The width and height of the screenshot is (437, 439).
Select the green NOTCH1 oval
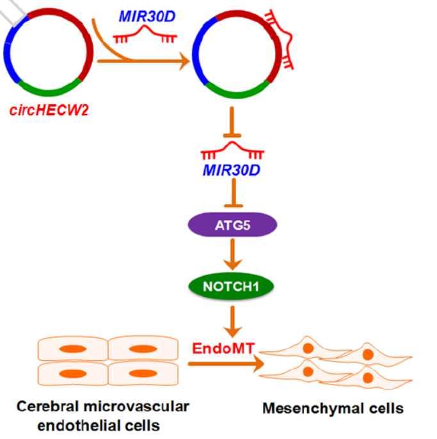point(232,285)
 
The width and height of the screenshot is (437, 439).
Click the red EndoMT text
point(224,348)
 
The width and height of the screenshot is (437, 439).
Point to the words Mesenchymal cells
point(333,408)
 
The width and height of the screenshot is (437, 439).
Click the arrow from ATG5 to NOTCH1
point(232,255)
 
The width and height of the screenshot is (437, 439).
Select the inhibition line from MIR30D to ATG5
point(232,194)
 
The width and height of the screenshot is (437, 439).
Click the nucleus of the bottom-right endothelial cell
point(140,372)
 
